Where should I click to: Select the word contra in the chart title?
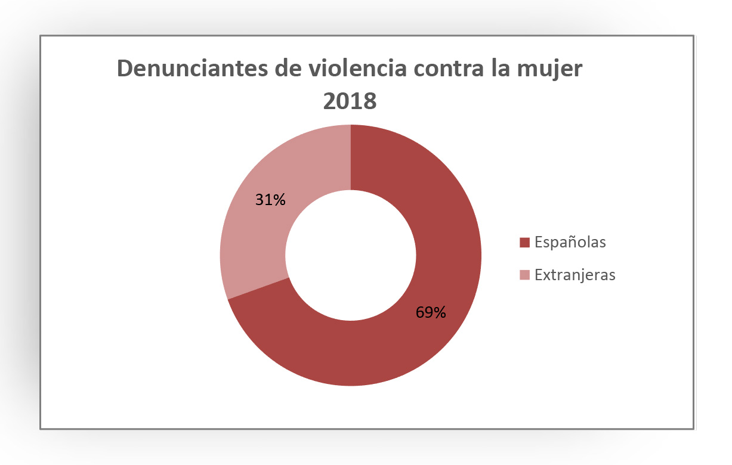click(x=456, y=69)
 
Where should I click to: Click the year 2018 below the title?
click(x=350, y=101)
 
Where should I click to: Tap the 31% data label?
click(x=270, y=200)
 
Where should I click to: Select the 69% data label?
click(x=431, y=312)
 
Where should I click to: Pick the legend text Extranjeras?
click(x=575, y=275)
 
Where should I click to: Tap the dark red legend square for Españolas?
click(x=525, y=243)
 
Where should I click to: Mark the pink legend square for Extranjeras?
click(x=525, y=275)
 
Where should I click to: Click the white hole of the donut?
click(x=350, y=255)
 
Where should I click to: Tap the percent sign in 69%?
click(x=440, y=312)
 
